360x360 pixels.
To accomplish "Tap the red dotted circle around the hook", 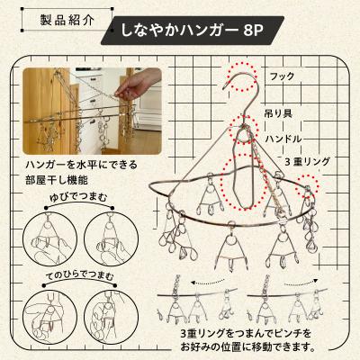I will (x=241, y=74).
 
